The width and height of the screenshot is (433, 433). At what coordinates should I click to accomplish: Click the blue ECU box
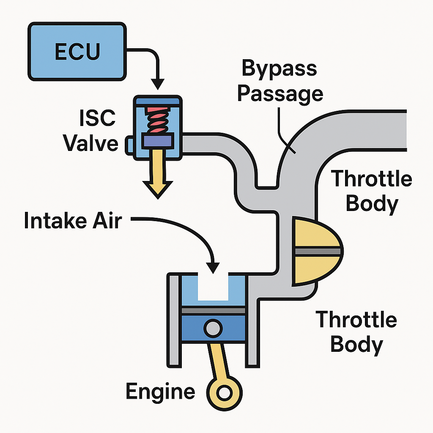point(77,52)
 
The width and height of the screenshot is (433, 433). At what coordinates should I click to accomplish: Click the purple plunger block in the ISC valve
point(158,140)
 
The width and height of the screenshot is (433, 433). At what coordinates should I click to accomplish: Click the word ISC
point(97,118)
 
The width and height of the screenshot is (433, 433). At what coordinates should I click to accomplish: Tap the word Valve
point(90,143)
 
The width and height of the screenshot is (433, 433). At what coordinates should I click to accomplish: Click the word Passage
point(280,94)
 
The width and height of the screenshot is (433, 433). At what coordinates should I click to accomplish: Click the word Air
point(107,220)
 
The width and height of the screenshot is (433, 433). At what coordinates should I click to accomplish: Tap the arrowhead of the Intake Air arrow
point(213,268)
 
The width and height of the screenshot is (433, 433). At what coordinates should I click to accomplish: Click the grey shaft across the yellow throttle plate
point(318,251)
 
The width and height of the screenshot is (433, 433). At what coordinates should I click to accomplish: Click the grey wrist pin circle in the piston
point(213,329)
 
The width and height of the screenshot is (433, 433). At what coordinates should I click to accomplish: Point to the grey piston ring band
point(213,311)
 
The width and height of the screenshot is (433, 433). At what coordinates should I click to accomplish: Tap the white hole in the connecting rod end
point(224,392)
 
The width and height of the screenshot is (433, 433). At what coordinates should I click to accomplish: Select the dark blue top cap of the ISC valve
point(158,101)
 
